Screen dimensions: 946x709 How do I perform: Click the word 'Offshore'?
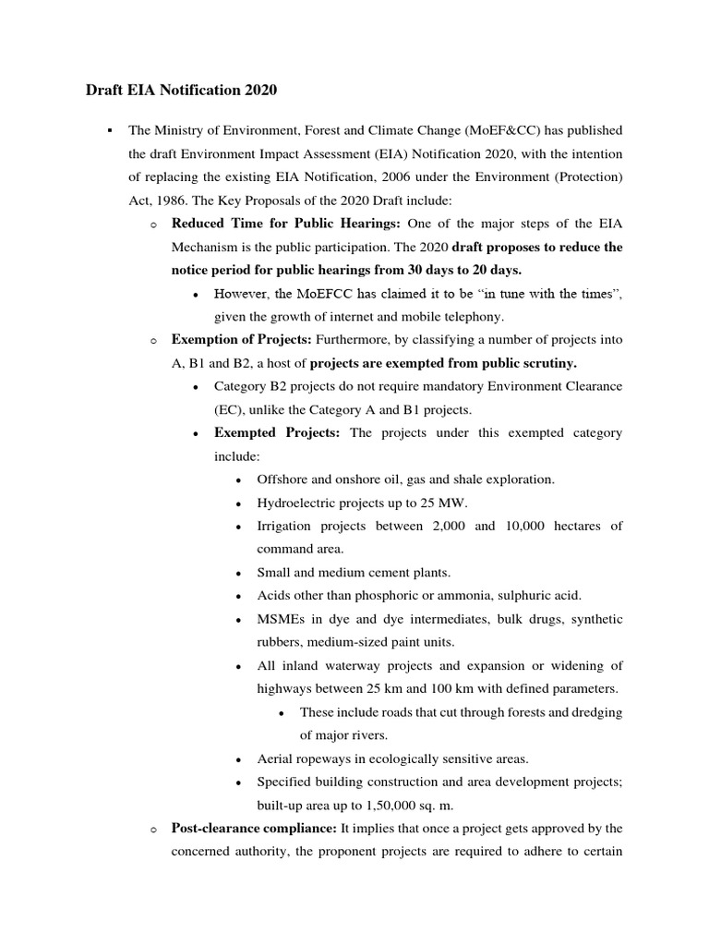[282, 479]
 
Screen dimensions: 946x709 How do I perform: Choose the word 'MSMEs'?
[278, 619]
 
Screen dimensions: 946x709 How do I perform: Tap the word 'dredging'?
[595, 712]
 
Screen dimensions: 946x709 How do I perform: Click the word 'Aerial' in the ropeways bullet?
[275, 758]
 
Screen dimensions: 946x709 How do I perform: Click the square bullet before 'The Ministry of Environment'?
[109, 130]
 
